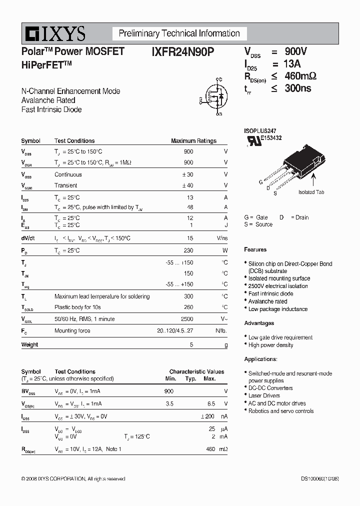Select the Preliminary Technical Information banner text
(x=179, y=33)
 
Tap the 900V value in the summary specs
(x=296, y=52)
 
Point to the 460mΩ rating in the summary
(x=300, y=76)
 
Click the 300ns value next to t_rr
(x=298, y=88)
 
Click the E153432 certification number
(x=270, y=137)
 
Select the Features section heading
(x=255, y=249)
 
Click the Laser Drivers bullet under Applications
(x=264, y=395)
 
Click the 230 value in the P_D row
(x=188, y=250)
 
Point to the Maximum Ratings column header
(x=193, y=141)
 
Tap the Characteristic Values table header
(x=196, y=371)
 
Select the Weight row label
(x=29, y=344)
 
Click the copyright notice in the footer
(x=73, y=479)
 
